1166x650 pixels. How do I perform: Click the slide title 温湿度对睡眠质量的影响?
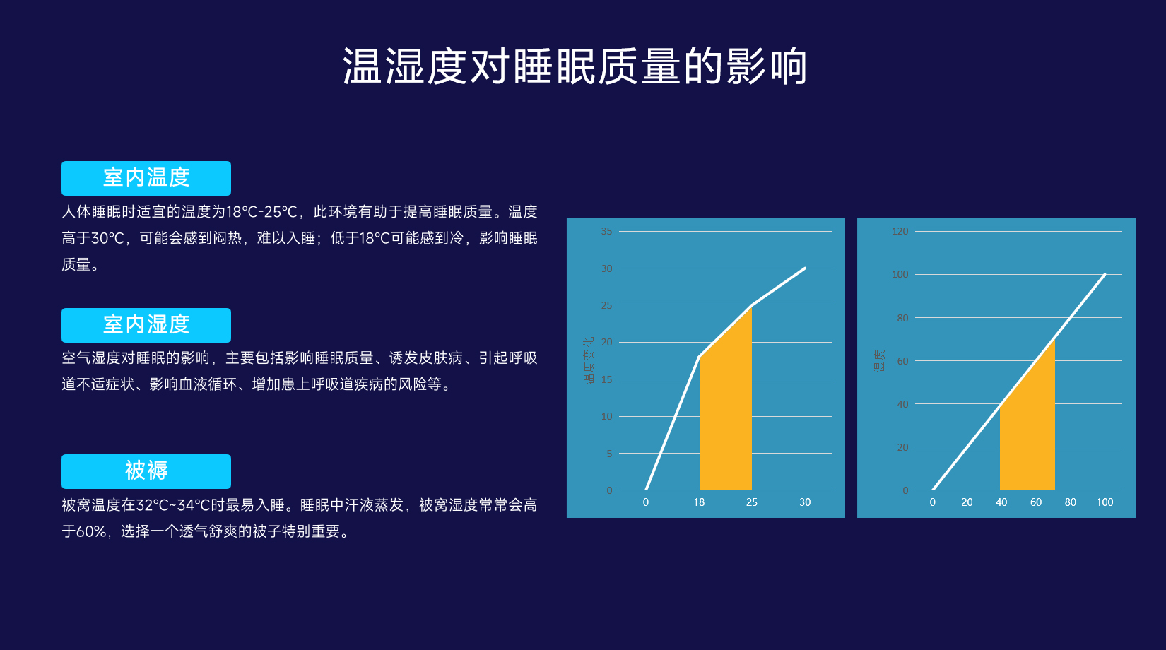click(575, 66)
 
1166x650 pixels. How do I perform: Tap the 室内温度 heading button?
click(146, 178)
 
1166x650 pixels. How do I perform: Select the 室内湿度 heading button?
click(146, 325)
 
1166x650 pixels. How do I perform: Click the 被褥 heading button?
click(146, 471)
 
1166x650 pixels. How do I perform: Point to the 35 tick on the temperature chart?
click(606, 231)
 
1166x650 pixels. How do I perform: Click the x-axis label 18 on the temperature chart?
click(699, 502)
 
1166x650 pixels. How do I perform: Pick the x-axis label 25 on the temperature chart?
click(752, 502)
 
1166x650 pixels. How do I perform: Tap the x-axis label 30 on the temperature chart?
click(805, 502)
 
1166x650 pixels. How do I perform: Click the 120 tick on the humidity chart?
click(900, 231)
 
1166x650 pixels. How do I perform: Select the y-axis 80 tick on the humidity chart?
click(902, 317)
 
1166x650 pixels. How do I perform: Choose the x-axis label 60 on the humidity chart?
click(1036, 502)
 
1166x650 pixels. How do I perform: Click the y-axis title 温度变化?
click(589, 360)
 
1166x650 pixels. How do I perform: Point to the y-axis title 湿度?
click(879, 360)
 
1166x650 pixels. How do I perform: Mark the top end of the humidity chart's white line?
click(1105, 274)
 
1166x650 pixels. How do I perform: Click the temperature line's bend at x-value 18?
click(699, 357)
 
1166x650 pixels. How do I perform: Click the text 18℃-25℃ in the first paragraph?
click(261, 212)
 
